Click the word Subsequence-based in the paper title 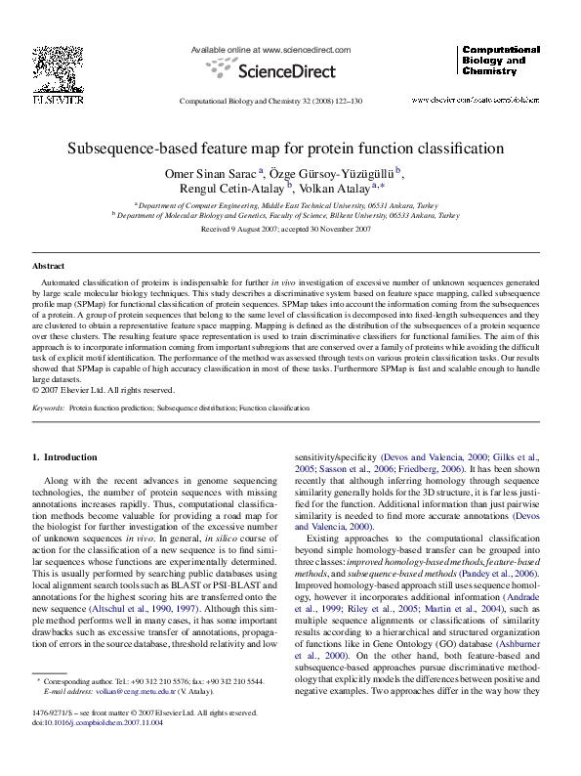coord(134,150)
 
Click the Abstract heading coord(48,266)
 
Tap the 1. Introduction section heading coord(64,456)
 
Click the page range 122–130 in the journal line coord(345,102)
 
